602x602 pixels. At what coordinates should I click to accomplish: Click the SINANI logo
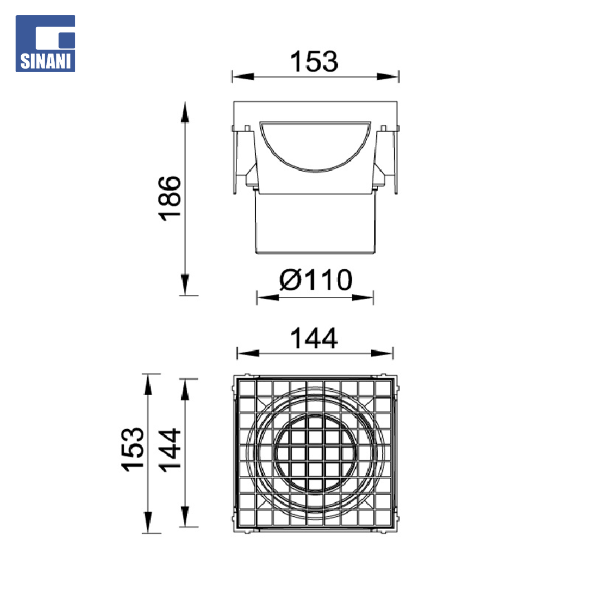45,43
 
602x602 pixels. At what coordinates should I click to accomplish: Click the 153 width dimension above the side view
314,61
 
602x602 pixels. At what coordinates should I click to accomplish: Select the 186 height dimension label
169,198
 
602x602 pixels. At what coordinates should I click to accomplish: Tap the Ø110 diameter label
315,280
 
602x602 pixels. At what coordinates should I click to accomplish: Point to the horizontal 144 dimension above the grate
314,338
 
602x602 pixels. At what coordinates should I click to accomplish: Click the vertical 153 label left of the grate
133,449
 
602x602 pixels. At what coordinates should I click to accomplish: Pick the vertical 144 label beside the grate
169,450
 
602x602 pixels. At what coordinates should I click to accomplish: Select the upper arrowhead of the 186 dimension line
185,112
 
